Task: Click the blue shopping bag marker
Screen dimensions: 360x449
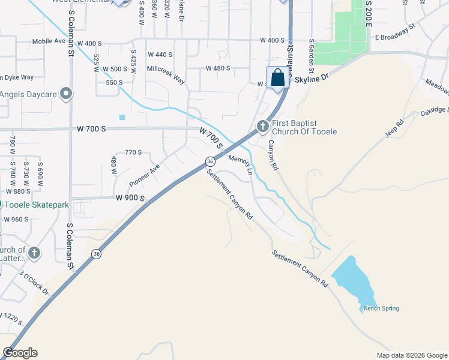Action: tap(277, 78)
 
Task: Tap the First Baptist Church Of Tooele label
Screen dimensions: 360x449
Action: tap(304, 127)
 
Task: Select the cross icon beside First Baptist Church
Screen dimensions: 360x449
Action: tap(262, 127)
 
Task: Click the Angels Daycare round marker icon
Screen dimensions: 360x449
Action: tap(67, 94)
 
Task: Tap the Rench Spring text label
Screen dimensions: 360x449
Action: tap(381, 309)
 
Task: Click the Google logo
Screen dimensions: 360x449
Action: tap(20, 353)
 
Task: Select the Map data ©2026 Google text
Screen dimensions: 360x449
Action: tap(411, 355)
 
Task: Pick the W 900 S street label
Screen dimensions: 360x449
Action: tap(131, 198)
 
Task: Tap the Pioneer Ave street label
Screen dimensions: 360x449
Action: tap(144, 175)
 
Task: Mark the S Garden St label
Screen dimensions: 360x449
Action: tap(312, 54)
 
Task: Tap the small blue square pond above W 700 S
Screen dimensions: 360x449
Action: tap(122, 117)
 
